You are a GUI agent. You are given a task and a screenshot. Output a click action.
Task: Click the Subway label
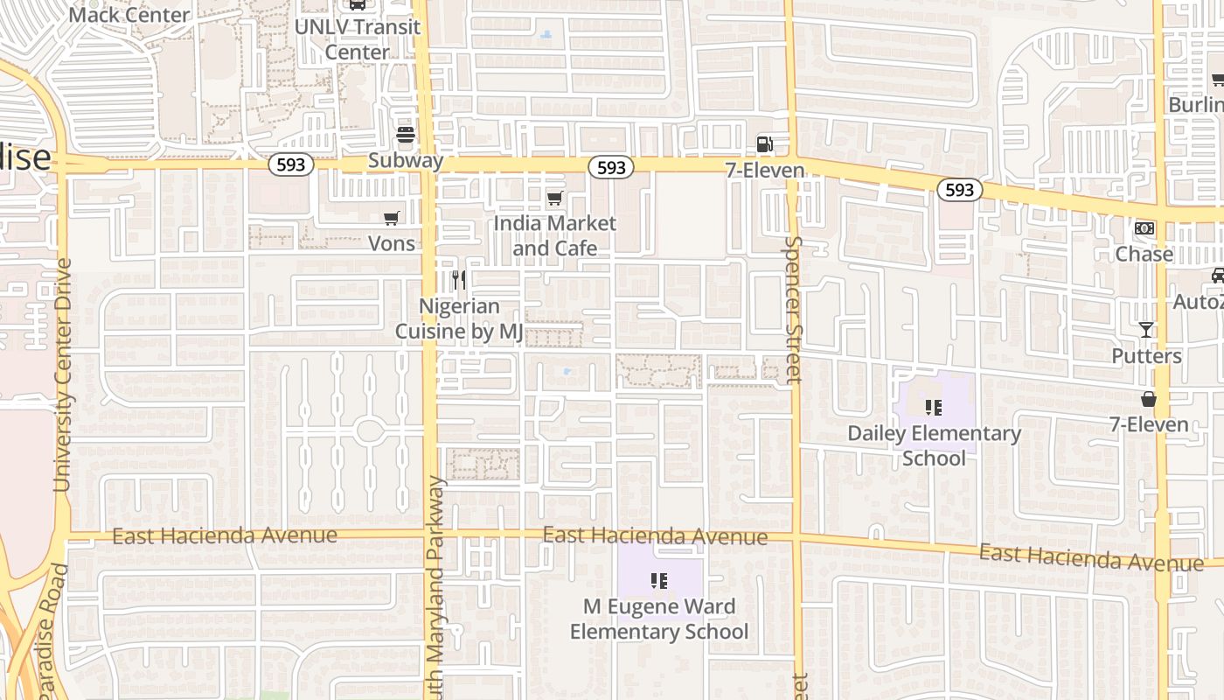point(406,161)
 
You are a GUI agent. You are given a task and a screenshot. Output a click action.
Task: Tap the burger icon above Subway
point(406,136)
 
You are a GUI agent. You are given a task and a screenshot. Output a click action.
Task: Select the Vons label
point(392,243)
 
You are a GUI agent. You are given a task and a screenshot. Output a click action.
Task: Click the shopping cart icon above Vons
point(392,218)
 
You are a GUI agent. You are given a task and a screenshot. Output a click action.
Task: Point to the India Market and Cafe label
point(555,235)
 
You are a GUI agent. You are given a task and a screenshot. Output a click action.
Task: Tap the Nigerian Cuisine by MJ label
point(459,319)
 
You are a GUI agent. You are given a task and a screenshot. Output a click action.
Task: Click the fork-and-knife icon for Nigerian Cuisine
point(458,280)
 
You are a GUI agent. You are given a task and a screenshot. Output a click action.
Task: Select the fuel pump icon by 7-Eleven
point(765,144)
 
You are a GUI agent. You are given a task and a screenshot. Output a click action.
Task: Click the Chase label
point(1144,254)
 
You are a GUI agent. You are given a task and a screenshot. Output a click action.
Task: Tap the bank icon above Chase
point(1144,228)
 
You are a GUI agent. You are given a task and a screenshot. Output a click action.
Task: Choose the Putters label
point(1146,356)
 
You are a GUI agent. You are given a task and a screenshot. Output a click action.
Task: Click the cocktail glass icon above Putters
point(1146,330)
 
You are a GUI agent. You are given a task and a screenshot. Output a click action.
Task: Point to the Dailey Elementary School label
point(934,445)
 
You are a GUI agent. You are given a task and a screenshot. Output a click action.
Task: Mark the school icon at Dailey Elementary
point(934,407)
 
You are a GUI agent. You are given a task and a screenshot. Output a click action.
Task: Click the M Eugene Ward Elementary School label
point(659,619)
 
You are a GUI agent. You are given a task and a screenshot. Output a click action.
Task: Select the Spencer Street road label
point(793,310)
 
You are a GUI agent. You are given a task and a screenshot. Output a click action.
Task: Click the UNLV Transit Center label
point(358,39)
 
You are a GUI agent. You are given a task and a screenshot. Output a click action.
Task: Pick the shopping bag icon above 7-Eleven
point(1149,399)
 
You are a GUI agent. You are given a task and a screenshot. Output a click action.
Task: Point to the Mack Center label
point(129,14)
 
